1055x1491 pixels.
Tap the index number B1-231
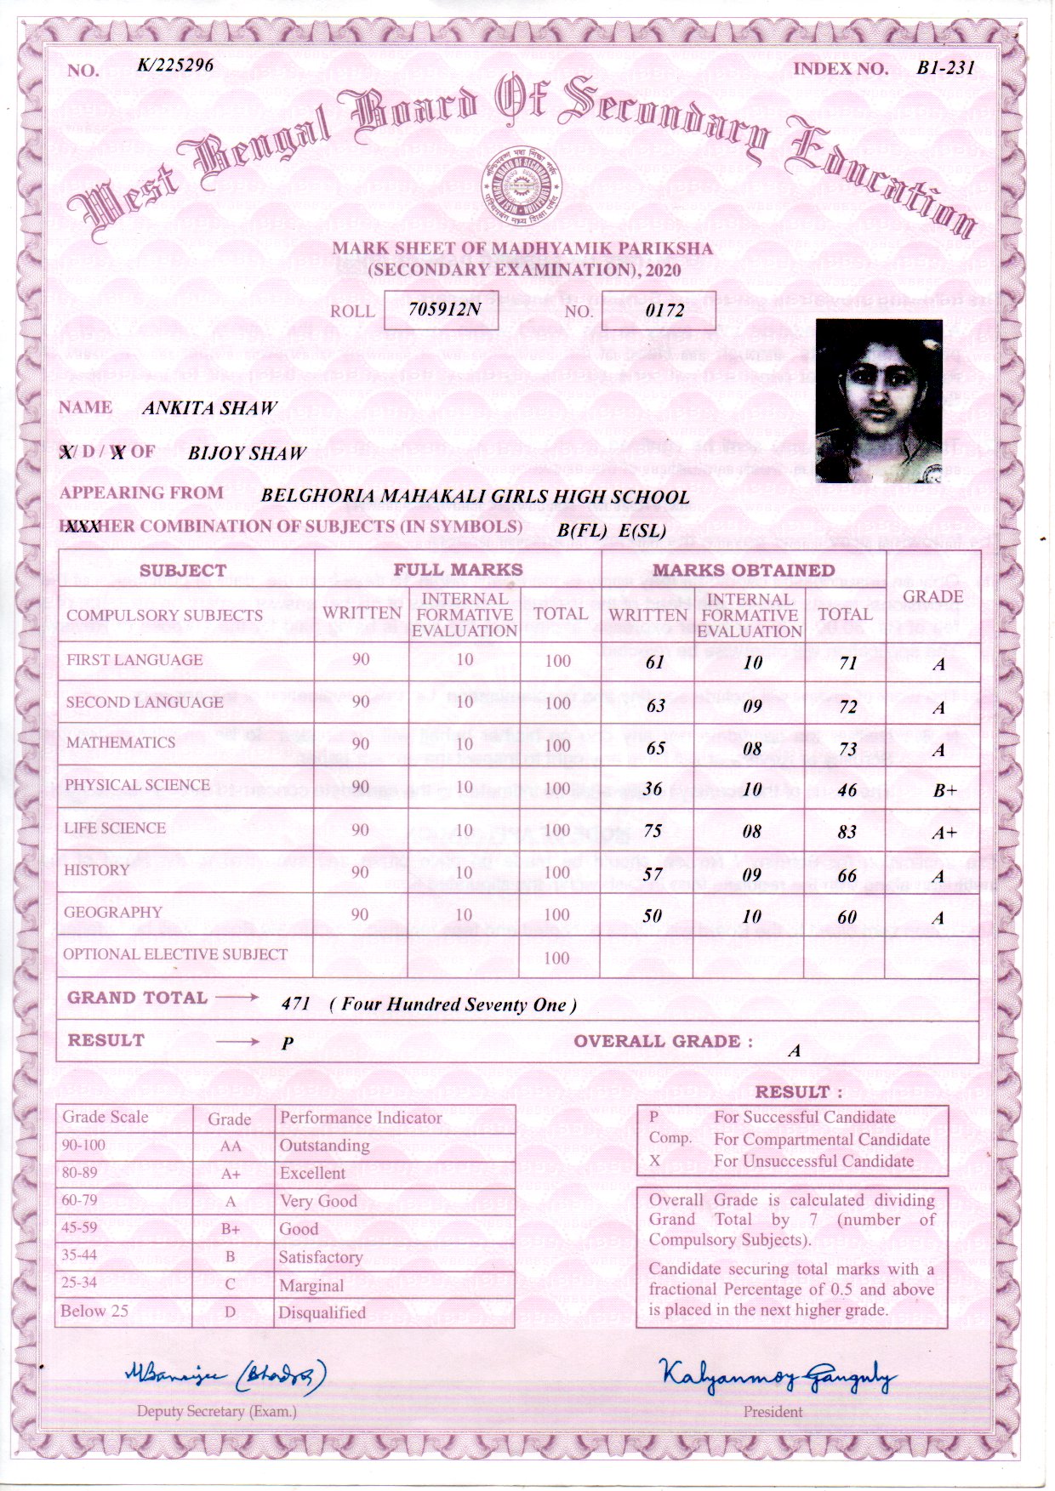pyautogui.click(x=945, y=68)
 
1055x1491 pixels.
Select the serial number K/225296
pyautogui.click(x=175, y=65)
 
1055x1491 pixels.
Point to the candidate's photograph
pyautogui.click(x=878, y=401)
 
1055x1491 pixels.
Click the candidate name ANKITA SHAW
pyautogui.click(x=210, y=407)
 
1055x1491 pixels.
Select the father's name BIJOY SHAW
pyautogui.click(x=246, y=452)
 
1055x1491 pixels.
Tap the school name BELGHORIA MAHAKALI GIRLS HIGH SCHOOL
pyautogui.click(x=475, y=496)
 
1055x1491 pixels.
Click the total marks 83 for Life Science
pyautogui.click(x=847, y=832)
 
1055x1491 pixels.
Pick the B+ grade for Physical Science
pyautogui.click(x=944, y=790)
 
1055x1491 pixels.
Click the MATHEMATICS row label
pyautogui.click(x=121, y=743)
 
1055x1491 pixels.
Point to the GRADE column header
pyautogui.click(x=932, y=596)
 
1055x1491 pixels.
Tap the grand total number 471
pyautogui.click(x=295, y=1004)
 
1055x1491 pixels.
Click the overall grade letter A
pyautogui.click(x=794, y=1050)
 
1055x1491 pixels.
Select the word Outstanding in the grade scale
pyautogui.click(x=324, y=1145)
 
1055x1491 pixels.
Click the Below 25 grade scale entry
pyautogui.click(x=94, y=1311)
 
